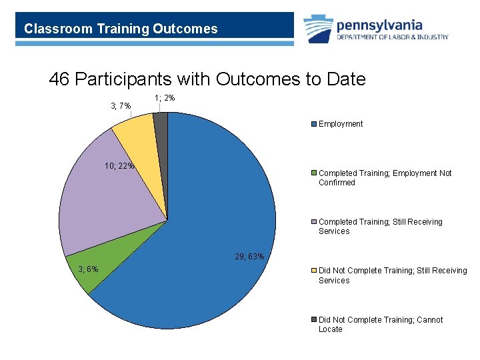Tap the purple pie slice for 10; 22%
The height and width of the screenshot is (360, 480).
click(x=107, y=193)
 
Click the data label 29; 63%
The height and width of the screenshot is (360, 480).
click(x=249, y=257)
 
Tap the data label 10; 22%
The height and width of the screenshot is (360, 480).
click(x=119, y=166)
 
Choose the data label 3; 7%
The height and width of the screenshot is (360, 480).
click(x=120, y=106)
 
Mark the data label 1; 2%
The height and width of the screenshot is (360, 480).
click(x=165, y=98)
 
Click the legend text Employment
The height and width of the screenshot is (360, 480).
click(x=341, y=124)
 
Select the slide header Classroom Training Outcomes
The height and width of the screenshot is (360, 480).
click(x=121, y=29)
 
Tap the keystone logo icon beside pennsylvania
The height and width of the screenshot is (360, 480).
click(x=318, y=30)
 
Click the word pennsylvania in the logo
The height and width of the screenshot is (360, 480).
click(x=379, y=25)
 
